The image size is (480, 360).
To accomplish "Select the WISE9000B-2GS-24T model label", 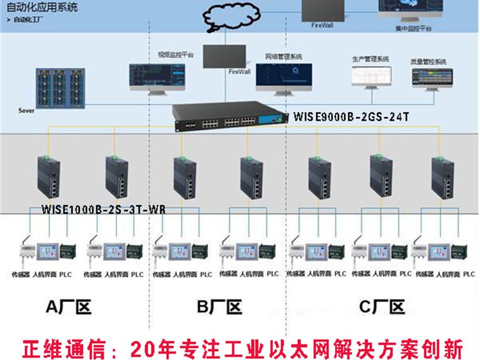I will coord(351,116).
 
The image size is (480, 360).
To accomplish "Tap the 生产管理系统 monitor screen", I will coord(371,76).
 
